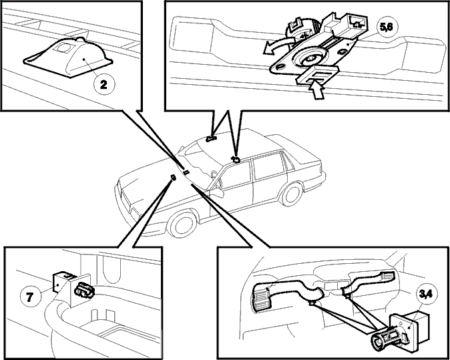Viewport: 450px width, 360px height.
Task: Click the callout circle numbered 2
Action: pyautogui.click(x=103, y=84)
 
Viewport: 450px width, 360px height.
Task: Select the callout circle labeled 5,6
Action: pyautogui.click(x=387, y=27)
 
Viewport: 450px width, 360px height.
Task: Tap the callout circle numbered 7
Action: pyautogui.click(x=30, y=297)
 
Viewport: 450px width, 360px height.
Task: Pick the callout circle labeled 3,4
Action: pyautogui.click(x=427, y=294)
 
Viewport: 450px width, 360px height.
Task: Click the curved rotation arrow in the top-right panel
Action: pyautogui.click(x=277, y=47)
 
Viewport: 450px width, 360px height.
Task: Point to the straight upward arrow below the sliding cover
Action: pyautogui.click(x=316, y=90)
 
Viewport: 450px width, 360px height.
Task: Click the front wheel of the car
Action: pyautogui.click(x=183, y=224)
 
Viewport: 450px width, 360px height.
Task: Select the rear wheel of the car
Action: pyautogui.click(x=292, y=194)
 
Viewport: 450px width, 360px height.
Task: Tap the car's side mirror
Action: pyautogui.click(x=218, y=192)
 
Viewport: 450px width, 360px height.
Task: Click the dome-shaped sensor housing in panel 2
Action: pyautogui.click(x=68, y=57)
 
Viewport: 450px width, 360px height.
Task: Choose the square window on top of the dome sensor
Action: pyautogui.click(x=64, y=47)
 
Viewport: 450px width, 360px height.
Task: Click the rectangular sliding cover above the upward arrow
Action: pyautogui.click(x=318, y=74)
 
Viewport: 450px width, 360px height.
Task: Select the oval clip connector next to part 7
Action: pyautogui.click(x=84, y=290)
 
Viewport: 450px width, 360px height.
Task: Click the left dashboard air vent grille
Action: pyautogui.click(x=260, y=299)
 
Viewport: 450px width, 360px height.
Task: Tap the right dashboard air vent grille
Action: pyautogui.click(x=388, y=276)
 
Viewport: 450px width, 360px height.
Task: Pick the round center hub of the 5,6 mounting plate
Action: pyautogui.click(x=310, y=58)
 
